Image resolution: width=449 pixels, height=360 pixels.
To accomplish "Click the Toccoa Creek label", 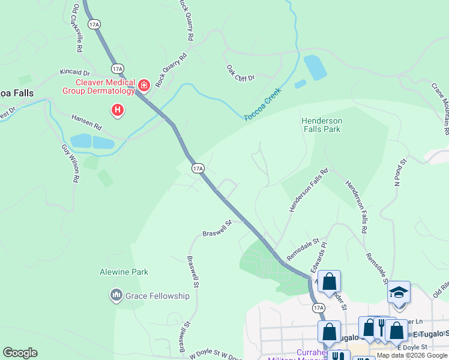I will point(263,104).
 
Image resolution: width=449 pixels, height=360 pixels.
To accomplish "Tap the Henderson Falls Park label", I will point(322,125).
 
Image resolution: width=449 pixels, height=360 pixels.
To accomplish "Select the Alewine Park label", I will point(124,272).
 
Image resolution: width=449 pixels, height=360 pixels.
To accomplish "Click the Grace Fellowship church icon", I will point(116,295).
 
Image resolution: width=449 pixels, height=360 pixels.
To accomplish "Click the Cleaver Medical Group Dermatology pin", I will point(143,86).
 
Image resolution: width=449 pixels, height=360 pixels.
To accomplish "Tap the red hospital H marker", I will point(118,110).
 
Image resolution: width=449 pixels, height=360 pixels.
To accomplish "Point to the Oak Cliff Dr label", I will point(241,73).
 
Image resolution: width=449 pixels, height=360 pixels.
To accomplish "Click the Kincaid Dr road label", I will point(74,72).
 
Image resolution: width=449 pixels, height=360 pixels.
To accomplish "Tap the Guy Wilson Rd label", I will point(70,163).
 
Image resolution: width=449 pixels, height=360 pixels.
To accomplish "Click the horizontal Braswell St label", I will point(217,228).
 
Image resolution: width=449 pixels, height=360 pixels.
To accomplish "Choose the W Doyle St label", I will point(211,355).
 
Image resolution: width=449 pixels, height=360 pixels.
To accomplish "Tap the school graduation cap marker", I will point(399,292).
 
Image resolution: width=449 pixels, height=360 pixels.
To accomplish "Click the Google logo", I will point(20,353).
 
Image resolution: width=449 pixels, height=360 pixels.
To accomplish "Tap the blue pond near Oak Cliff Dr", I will point(315,67).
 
